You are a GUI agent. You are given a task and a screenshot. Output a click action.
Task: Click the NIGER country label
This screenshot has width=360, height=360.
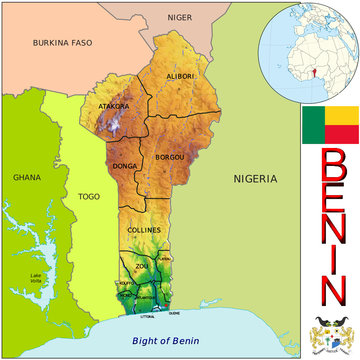click(x=180, y=17)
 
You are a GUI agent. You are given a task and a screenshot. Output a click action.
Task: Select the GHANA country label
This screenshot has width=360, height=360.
click(x=26, y=177)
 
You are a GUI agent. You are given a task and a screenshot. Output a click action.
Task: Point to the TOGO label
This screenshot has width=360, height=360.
click(x=89, y=197)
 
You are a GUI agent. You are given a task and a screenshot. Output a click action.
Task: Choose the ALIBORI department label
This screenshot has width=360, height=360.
click(x=181, y=76)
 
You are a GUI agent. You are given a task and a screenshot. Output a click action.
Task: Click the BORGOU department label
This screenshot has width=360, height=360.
click(x=171, y=158)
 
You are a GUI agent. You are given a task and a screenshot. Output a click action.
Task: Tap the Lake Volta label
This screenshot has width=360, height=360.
click(x=37, y=277)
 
